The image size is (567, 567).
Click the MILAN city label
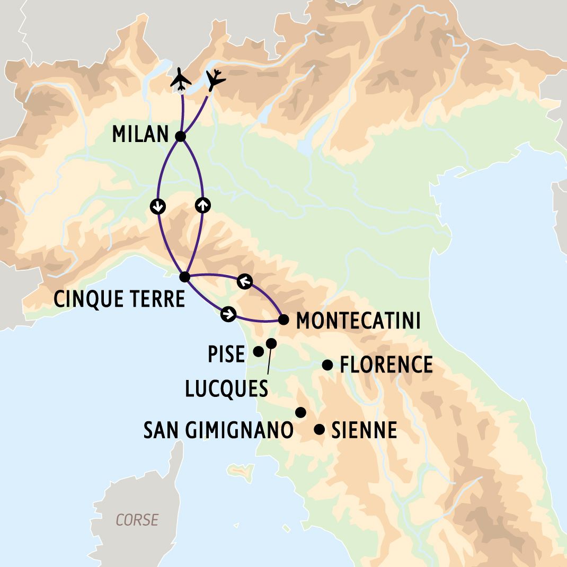coord(140,135)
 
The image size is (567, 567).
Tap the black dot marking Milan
coord(180,137)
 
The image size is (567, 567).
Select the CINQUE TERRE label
coord(120,299)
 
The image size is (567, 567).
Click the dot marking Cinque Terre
coord(184,277)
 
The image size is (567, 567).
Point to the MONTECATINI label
coord(358,321)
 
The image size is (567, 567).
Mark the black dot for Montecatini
coord(283,320)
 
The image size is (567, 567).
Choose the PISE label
coord(227,355)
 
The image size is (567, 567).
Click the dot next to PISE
coord(259,351)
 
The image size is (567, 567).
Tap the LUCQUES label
coord(226,389)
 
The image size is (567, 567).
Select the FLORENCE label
coord(386,365)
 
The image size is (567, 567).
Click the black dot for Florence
coord(327,365)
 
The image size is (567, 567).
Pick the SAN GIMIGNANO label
coord(218,430)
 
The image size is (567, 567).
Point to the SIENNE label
coord(364,430)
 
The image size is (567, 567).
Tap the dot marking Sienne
coord(319,429)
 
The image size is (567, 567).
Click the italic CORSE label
coord(137,520)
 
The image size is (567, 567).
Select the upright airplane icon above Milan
coord(181,79)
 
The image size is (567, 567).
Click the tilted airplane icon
coord(215,80)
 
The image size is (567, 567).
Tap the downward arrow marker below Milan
coord(157,207)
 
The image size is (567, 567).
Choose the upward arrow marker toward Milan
coord(202,205)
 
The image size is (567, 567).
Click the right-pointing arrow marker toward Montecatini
coord(228,314)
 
